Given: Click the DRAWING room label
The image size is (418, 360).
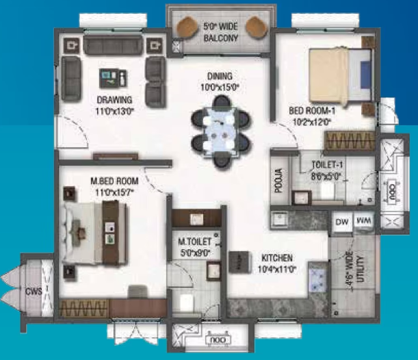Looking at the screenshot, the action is [x=114, y=100].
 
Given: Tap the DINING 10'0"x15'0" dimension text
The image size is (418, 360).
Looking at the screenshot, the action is [x=220, y=87].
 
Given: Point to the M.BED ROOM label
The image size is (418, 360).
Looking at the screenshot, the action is [x=115, y=181].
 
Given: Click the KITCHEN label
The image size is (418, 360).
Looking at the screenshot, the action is [x=277, y=258].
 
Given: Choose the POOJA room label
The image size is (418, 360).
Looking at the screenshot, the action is [x=278, y=180].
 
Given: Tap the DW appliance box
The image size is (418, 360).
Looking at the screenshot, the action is [x=342, y=222].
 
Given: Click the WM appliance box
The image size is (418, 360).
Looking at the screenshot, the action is [x=364, y=221].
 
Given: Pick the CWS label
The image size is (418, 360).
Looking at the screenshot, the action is [x=34, y=291].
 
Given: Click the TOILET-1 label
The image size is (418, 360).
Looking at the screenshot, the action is [x=327, y=165].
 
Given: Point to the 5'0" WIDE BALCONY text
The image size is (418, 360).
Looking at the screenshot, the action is [x=220, y=32].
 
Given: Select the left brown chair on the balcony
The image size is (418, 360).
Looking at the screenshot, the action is [x=187, y=27].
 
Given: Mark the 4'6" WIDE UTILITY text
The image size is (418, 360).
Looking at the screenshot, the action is [x=356, y=270].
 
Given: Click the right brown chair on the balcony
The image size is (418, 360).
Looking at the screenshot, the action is [x=257, y=27].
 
